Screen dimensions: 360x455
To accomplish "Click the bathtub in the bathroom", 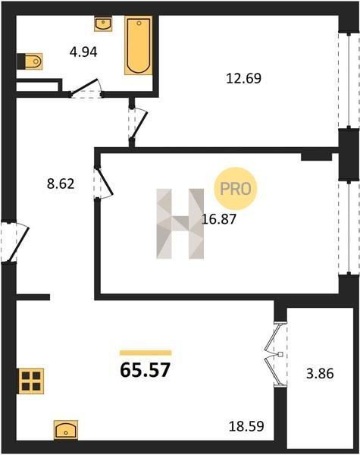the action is (139, 45).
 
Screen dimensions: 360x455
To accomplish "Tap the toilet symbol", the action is (30, 61).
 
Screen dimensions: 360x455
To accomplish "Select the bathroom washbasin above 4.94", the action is (103, 24).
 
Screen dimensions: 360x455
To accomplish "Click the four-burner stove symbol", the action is (31, 381).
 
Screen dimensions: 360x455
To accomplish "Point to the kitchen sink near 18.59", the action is (66, 430).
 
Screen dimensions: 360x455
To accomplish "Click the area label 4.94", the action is (83, 52).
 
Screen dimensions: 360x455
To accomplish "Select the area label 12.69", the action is (244, 78).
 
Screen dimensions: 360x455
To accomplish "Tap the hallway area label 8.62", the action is (61, 184).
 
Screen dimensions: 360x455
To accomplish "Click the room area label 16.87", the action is (219, 219).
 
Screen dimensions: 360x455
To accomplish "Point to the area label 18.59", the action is (246, 426).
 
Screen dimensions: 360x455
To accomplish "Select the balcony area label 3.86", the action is (320, 373).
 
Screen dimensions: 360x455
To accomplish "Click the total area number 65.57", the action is (145, 370).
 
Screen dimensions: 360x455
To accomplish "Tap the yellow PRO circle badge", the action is (236, 189).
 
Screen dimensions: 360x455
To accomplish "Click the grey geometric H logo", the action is (180, 224).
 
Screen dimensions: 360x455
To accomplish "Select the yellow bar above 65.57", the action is (146, 353).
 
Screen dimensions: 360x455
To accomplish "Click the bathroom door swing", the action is (86, 89).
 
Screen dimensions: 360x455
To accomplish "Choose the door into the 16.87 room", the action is (104, 183).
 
